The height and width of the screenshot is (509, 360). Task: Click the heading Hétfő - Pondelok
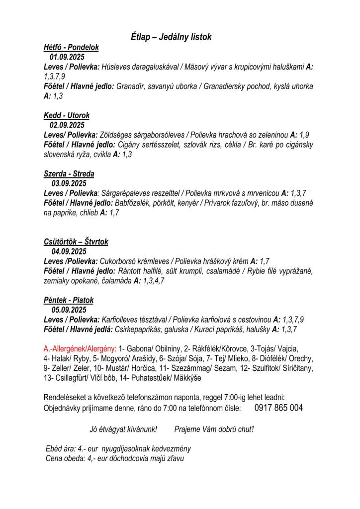pos(71,47)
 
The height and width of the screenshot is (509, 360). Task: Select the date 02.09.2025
pos(67,125)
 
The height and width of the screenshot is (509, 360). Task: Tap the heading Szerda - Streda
pos(69,174)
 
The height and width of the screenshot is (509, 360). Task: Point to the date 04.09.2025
pos(69,252)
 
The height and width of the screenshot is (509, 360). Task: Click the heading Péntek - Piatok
pos(69,300)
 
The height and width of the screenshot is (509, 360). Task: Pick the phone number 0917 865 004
pos(278,408)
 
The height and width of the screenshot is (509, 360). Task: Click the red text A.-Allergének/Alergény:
pos(80,349)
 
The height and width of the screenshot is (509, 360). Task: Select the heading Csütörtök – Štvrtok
pos(76,242)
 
